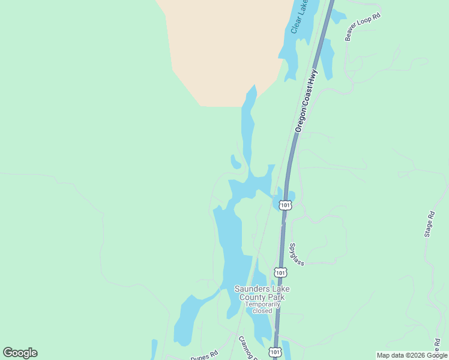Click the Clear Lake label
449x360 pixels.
point(299,17)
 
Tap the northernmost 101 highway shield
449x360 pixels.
point(286,205)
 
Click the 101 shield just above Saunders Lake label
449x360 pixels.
point(280,272)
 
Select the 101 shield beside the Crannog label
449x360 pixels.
point(274,352)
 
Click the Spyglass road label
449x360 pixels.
point(297,254)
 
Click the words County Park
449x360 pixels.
point(262,297)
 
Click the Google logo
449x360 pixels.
point(20,353)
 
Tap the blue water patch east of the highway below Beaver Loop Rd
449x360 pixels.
point(327,60)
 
